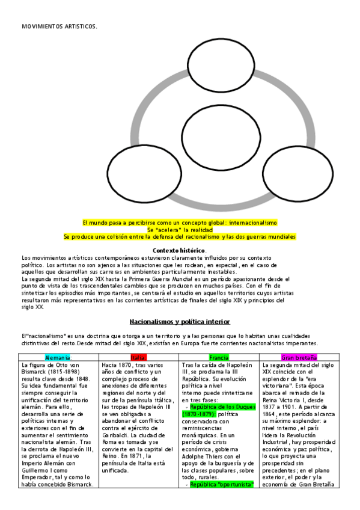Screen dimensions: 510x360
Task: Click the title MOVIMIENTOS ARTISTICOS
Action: (59, 26)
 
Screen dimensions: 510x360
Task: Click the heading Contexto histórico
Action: (180, 250)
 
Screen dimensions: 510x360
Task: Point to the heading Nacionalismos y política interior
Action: (180, 322)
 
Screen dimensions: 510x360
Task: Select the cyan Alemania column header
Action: (58, 358)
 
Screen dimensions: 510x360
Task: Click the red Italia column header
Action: (139, 358)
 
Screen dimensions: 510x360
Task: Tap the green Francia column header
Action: (219, 358)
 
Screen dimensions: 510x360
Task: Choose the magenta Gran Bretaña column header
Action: (299, 358)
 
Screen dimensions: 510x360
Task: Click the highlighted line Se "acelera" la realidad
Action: (180, 230)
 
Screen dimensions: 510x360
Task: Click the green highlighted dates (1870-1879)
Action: (198, 398)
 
